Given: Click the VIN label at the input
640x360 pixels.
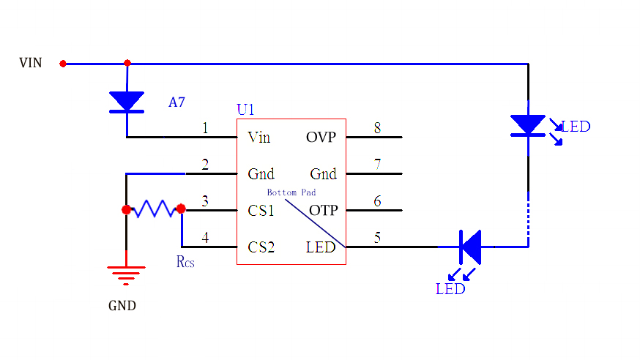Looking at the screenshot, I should [31, 63].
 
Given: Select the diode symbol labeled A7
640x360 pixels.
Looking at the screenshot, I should [127, 102].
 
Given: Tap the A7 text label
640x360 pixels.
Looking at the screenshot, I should [176, 102].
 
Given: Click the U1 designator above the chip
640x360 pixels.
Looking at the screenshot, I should [245, 110].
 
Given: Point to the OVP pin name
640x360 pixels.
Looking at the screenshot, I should [321, 137].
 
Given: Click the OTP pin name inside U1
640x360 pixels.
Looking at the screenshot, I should [323, 211].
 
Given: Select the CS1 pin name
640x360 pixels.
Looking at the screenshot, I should [261, 211].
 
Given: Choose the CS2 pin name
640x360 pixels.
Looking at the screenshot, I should [261, 247].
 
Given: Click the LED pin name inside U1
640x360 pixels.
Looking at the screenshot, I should [321, 247].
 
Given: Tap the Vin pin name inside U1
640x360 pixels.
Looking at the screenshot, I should [259, 137].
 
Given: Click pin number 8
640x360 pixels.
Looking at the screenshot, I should [377, 128].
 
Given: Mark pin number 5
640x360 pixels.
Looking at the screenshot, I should [377, 238].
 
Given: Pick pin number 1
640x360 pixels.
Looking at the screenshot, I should [205, 128].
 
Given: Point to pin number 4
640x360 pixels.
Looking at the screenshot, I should [205, 238].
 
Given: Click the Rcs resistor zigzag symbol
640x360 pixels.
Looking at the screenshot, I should [154, 210].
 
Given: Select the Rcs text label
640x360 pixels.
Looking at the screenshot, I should [185, 261].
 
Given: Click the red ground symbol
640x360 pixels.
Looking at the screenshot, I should [127, 274].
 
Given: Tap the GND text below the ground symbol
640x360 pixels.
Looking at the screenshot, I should [122, 306].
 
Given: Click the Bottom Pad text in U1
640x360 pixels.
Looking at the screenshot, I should [291, 192].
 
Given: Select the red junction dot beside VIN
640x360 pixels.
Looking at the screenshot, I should [63, 64].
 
